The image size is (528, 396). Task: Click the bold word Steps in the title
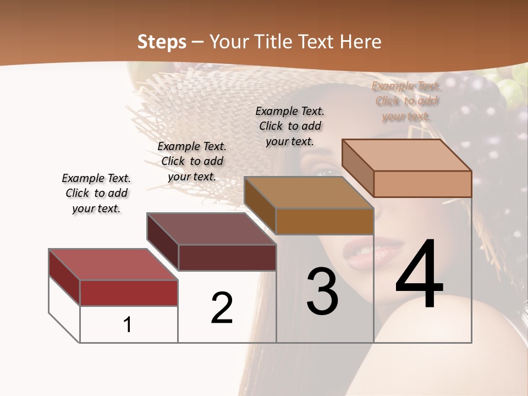point(162,42)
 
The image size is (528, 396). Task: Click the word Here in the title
point(360,42)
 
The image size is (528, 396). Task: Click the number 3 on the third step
point(322,291)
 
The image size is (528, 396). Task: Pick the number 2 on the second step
point(222,307)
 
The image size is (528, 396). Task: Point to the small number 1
point(128,324)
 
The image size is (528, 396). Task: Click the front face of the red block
point(129,293)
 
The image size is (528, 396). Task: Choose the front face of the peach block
point(422,184)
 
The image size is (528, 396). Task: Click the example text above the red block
point(96,194)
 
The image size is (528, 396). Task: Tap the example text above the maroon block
point(192,161)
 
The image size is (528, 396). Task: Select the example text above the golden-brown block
point(290,126)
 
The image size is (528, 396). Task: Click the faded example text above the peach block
point(406,101)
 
